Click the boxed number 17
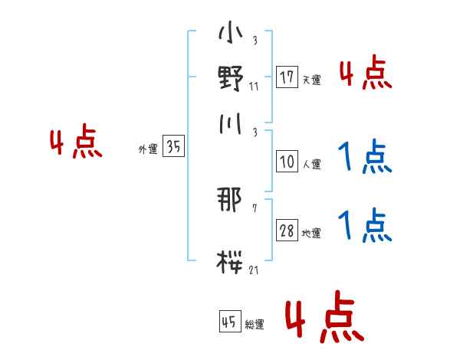pos(287,77)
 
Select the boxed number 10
pos(287,162)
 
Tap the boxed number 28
pos(287,231)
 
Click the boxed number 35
pos(174,147)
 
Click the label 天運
pos(312,80)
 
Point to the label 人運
pos(312,164)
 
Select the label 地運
pos(312,233)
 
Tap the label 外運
pos(148,149)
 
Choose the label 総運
pos(255,325)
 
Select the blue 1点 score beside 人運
pos(366,157)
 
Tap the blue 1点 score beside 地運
pos(366,226)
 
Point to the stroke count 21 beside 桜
pos(255,270)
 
